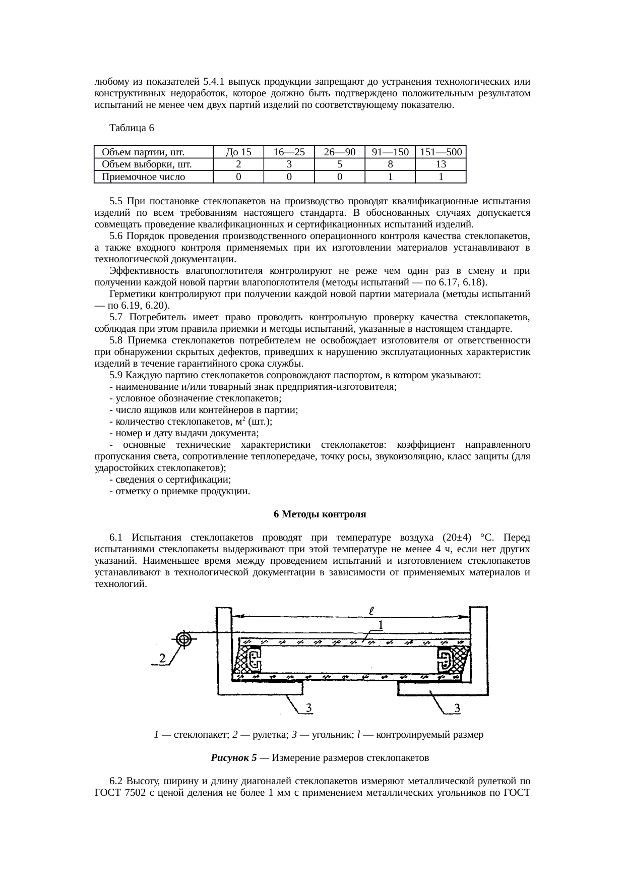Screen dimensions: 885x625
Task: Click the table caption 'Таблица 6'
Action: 131,128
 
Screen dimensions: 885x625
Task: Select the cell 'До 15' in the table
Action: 238,152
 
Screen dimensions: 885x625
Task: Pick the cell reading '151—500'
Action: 441,152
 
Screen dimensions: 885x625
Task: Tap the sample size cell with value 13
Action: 441,164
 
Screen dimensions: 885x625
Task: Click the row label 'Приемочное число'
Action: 144,177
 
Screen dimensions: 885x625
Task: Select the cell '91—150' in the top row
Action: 390,152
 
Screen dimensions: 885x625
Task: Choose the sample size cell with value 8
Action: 390,164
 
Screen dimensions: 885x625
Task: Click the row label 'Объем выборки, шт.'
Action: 147,164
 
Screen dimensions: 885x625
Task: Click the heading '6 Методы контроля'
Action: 320,514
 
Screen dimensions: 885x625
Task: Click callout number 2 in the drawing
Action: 162,658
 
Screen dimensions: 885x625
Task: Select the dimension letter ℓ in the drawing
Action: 370,610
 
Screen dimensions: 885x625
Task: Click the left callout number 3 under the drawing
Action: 311,709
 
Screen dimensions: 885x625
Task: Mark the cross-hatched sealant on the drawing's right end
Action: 461,657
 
